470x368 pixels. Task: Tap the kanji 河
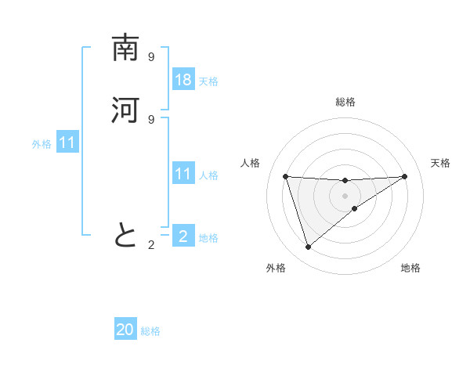coord(125,110)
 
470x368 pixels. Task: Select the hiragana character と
coord(125,234)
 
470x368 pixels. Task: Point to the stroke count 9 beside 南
coord(151,57)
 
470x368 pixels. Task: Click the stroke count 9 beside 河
coord(151,119)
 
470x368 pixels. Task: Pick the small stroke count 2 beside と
coord(151,245)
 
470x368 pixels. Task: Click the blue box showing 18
coord(183,80)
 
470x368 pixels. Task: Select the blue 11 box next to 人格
coord(183,174)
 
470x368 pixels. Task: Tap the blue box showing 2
coord(183,236)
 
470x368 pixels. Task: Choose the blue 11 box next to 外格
coord(67,143)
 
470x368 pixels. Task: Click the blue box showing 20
coord(125,330)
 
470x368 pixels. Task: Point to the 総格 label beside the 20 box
coord(151,331)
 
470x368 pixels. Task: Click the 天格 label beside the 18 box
coord(208,81)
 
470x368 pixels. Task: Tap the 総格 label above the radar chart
coord(345,102)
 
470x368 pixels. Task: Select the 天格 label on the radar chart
coord(441,163)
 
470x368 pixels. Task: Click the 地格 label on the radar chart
coord(410,268)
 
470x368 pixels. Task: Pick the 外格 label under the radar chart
coord(276,268)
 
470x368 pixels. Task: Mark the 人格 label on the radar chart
coord(251,163)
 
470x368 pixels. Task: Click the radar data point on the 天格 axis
coord(404,176)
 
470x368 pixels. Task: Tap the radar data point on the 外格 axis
coord(308,247)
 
